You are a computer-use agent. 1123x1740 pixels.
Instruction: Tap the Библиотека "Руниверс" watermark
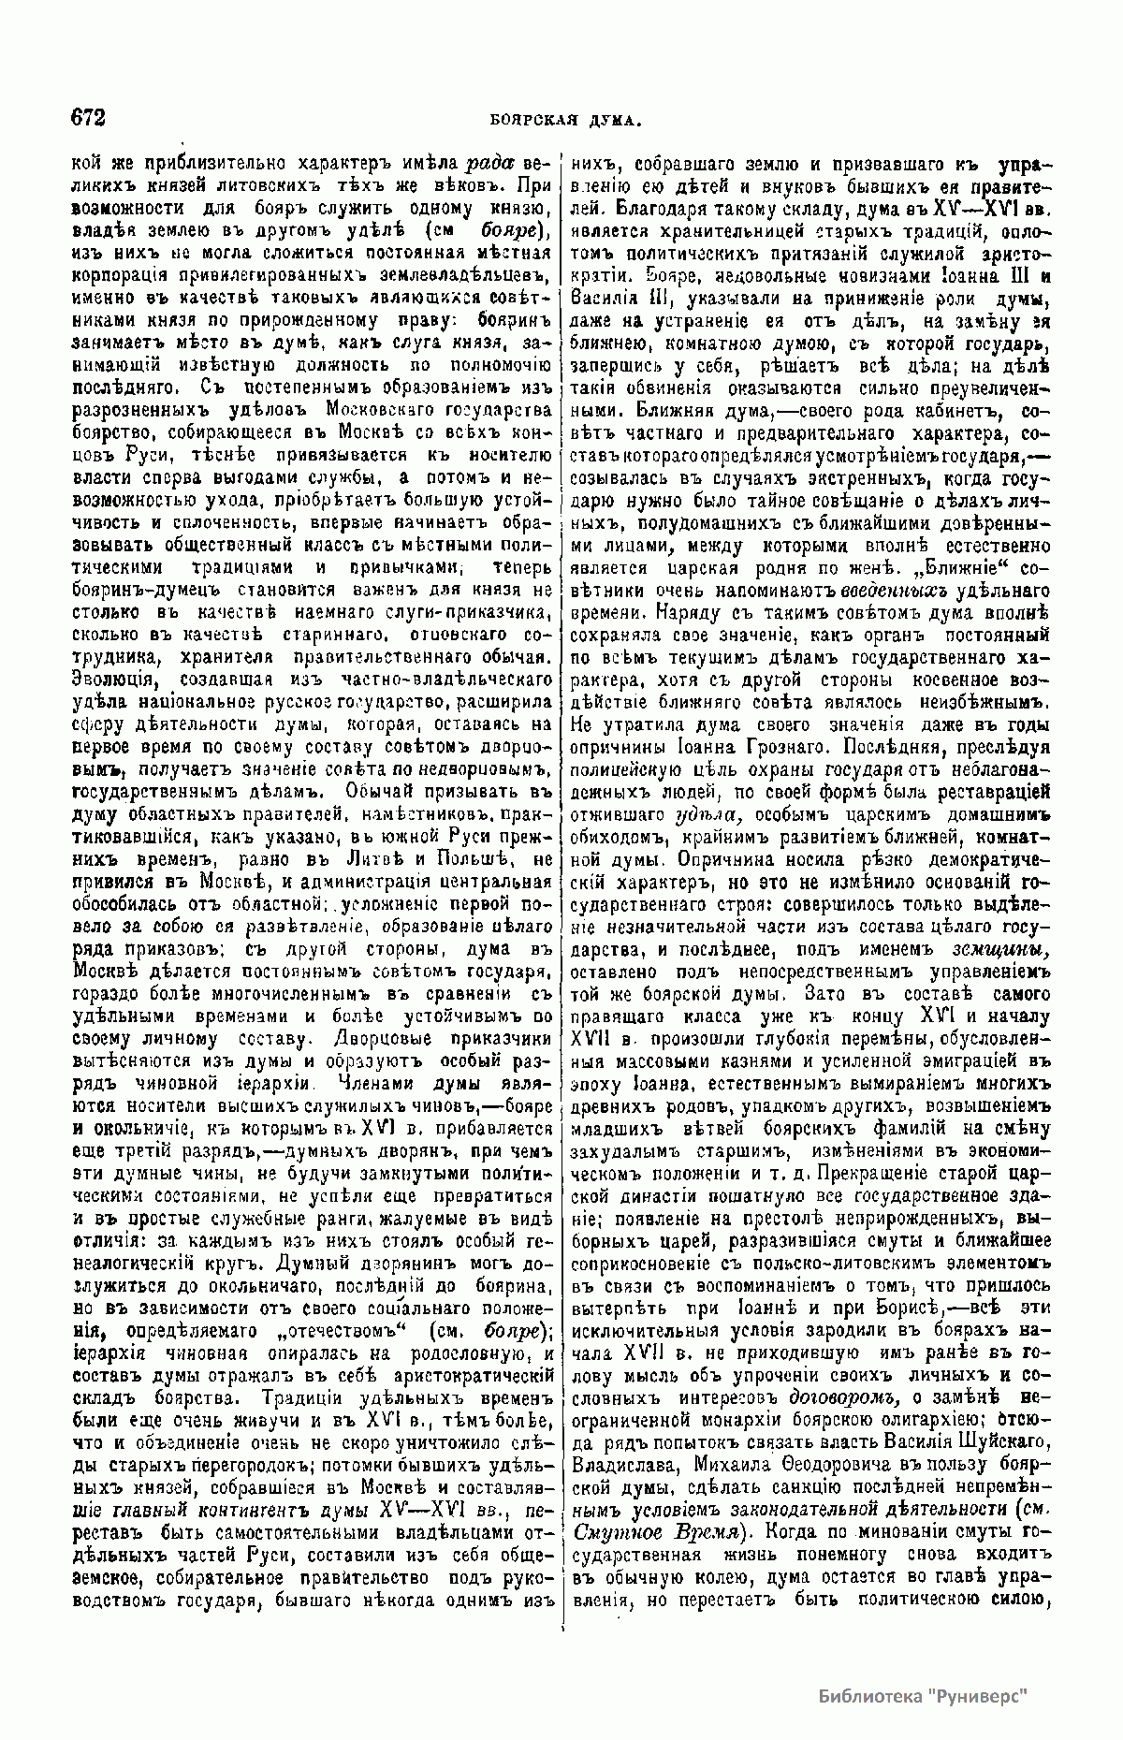pos(923,1694)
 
